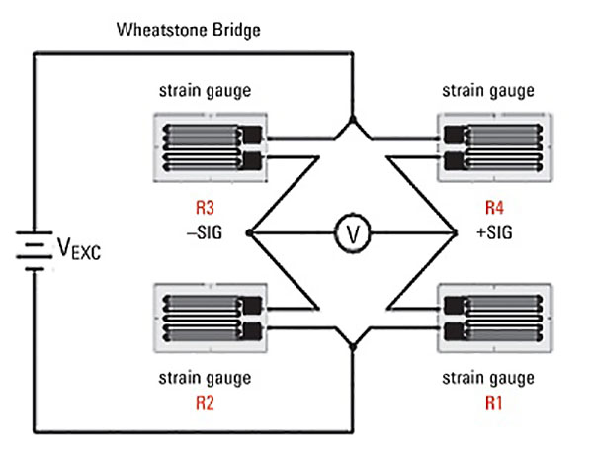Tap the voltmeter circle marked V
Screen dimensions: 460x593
(351, 233)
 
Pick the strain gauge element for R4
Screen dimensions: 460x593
(489, 145)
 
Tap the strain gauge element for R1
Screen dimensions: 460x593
(489, 316)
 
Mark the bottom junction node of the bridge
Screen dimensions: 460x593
(351, 343)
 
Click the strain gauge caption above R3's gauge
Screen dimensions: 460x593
(205, 91)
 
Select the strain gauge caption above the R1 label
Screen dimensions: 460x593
(488, 378)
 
